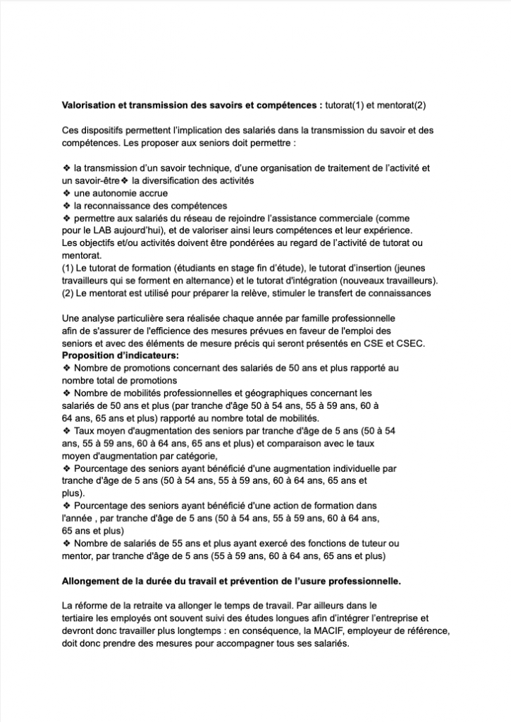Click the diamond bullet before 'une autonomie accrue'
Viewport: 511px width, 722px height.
coord(66,193)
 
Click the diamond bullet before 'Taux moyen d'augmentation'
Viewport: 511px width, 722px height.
coord(66,430)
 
